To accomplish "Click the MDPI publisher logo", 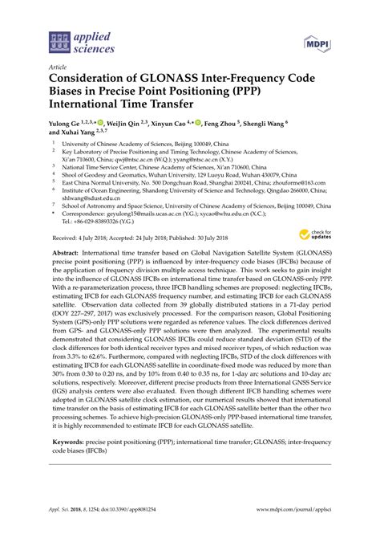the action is pos(317,41).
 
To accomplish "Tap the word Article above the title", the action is pos(58,67).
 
